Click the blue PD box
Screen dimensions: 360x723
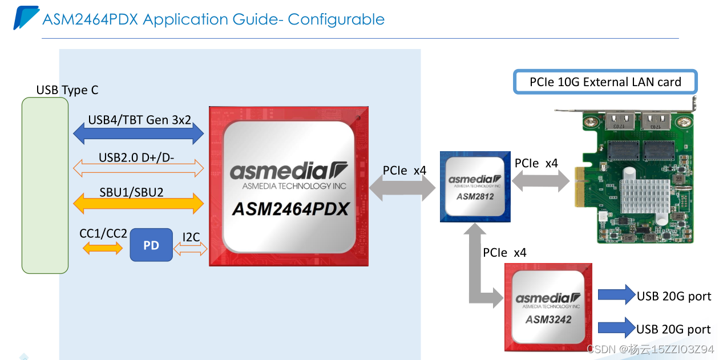(x=151, y=245)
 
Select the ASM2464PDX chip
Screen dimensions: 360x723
(x=288, y=186)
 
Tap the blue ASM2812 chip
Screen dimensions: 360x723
(x=475, y=186)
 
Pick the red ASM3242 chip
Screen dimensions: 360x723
(x=548, y=307)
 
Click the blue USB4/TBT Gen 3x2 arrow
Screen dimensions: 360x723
(x=139, y=135)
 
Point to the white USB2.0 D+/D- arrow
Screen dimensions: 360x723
(x=139, y=168)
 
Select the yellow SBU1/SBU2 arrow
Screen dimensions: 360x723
(x=139, y=202)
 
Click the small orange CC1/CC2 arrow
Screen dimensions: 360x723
(x=103, y=248)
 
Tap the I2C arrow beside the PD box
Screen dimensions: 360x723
(x=191, y=249)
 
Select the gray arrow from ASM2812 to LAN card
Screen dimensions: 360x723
(x=540, y=181)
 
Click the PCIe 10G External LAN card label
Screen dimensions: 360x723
(x=605, y=82)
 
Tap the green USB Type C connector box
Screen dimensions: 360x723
(x=45, y=185)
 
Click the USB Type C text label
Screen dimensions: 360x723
(x=67, y=90)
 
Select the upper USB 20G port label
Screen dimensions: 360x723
(x=674, y=296)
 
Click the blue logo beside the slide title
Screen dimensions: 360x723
(x=26, y=17)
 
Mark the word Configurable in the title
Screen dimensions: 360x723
(x=336, y=19)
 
